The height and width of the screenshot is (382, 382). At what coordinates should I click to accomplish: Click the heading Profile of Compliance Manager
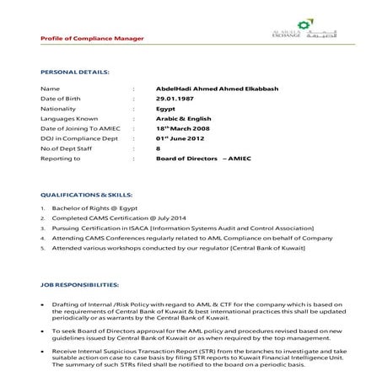tap(92, 39)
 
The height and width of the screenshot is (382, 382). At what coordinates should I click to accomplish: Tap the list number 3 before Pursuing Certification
tap(42, 229)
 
